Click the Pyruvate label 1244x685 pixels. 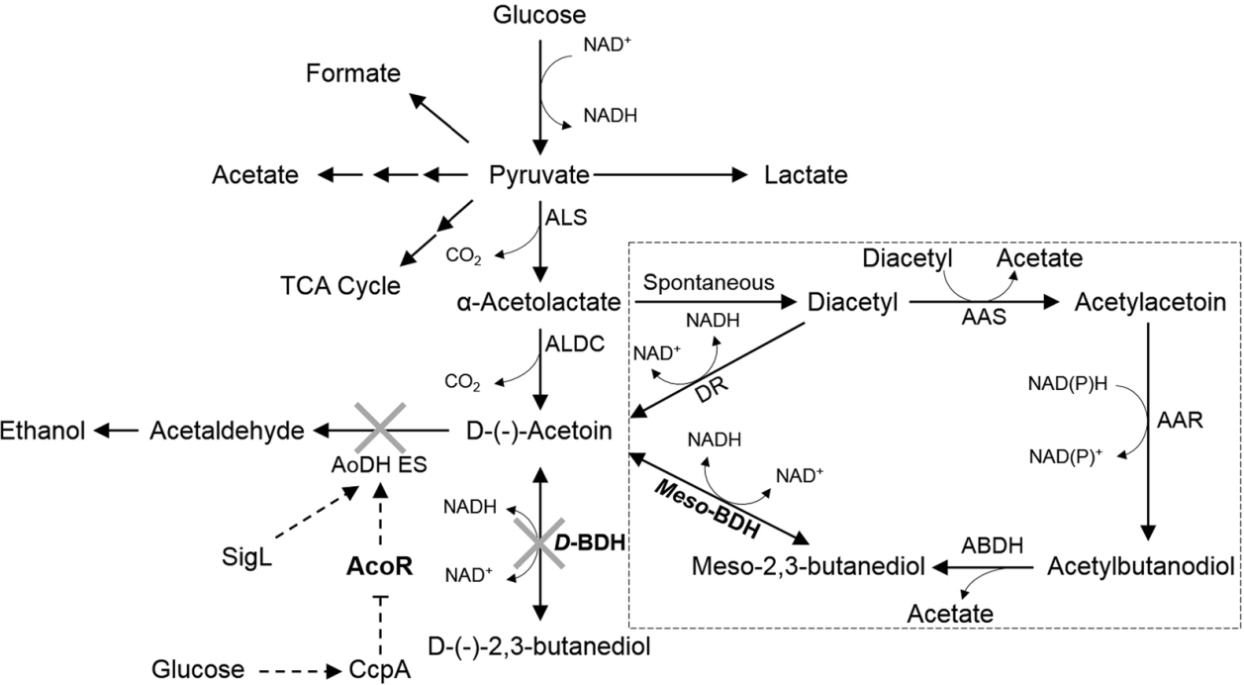pos(539,176)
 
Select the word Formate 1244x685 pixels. pos(353,74)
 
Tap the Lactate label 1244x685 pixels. pos(807,176)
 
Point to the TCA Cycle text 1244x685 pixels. pos(338,286)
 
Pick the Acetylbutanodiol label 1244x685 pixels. pos(1139,567)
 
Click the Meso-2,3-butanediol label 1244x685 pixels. pos(809,567)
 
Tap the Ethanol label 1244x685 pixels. pos(43,430)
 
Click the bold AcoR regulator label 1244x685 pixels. pos(378,566)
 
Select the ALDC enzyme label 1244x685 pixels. pos(568,342)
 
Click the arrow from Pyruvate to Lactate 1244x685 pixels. pos(669,175)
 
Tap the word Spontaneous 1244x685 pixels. pos(710,282)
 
